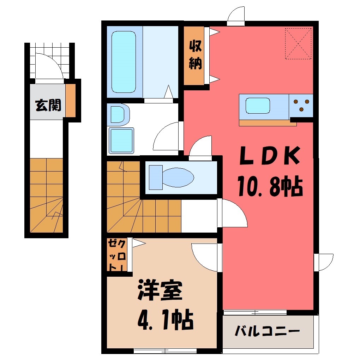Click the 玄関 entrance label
(48, 105)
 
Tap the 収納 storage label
(196, 55)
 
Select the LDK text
(270, 155)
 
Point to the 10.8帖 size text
(270, 186)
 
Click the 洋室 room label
(160, 290)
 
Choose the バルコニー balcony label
(267, 331)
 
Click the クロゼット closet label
(117, 255)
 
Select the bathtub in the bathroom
(124, 62)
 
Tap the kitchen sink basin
(258, 106)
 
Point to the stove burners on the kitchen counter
(301, 105)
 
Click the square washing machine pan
(121, 140)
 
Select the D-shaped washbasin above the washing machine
(119, 114)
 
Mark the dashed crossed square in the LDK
(298, 44)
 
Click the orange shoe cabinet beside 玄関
(71, 101)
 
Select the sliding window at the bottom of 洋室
(165, 351)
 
